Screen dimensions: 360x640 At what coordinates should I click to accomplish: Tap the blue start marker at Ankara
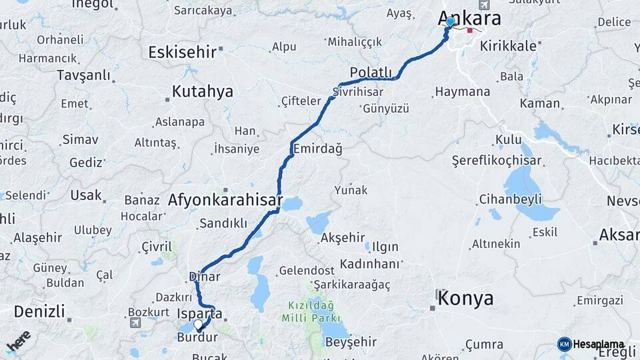click(450, 21)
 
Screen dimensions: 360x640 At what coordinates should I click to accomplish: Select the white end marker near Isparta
click(198, 325)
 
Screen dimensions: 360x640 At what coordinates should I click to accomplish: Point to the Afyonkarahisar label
click(225, 199)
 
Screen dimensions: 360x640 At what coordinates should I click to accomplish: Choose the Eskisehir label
click(183, 51)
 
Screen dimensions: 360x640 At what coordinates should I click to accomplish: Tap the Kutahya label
click(203, 91)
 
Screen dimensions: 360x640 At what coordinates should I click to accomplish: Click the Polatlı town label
click(371, 72)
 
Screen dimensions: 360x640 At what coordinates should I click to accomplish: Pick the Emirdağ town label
click(317, 149)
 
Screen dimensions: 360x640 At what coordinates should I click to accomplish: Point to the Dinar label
click(205, 276)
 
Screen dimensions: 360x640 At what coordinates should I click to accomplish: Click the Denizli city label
click(39, 311)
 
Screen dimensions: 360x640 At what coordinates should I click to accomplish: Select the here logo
click(19, 342)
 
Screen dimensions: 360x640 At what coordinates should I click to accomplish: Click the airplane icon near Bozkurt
click(136, 323)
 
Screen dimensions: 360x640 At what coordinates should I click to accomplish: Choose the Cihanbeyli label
click(511, 199)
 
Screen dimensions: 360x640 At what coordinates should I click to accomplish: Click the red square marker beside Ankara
click(470, 30)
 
